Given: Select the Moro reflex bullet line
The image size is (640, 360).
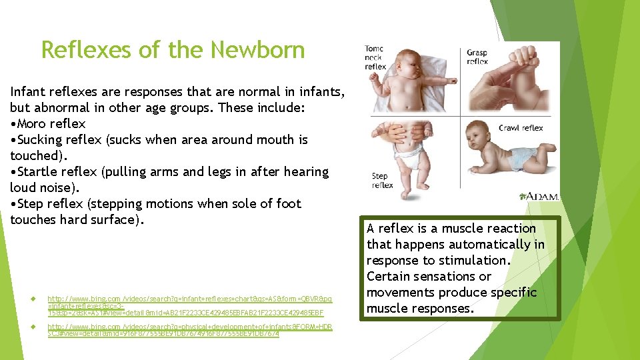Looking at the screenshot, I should pyautogui.click(x=48, y=124).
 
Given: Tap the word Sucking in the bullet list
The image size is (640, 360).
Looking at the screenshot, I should pyautogui.click(x=39, y=140).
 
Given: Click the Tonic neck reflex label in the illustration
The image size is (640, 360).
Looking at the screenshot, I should pyautogui.click(x=375, y=57).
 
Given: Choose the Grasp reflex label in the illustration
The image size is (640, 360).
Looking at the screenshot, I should pyautogui.click(x=477, y=57).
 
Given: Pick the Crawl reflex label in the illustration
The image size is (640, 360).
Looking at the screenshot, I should pyautogui.click(x=521, y=128).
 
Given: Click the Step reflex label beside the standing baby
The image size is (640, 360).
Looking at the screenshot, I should pyautogui.click(x=382, y=181).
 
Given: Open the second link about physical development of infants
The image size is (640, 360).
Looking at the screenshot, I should pyautogui.click(x=189, y=330).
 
